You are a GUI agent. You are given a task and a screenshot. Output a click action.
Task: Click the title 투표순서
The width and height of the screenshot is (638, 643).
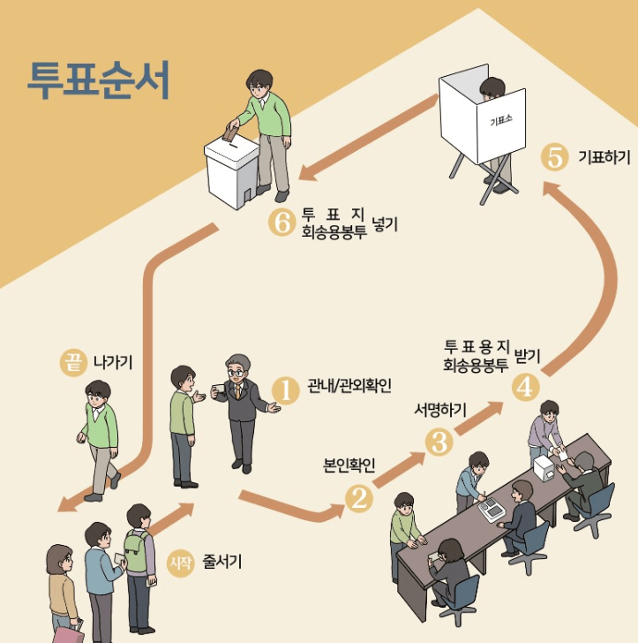tap(98, 80)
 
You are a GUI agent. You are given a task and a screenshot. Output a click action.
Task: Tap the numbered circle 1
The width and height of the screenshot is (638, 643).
tap(285, 388)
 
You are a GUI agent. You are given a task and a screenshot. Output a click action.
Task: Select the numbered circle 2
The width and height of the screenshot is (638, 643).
tap(359, 500)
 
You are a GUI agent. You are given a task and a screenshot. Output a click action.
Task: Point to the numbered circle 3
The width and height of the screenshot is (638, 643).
tap(439, 442)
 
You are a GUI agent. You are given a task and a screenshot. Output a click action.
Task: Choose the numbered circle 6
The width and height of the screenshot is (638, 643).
tap(280, 223)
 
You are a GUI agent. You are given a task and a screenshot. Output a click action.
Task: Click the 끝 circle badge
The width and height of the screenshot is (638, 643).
tap(72, 361)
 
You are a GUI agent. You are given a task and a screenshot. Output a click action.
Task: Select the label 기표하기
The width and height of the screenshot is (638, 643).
tap(604, 158)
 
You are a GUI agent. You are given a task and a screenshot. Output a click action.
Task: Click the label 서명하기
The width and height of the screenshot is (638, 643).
tap(440, 410)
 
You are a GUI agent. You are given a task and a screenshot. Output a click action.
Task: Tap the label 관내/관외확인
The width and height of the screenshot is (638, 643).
tap(349, 386)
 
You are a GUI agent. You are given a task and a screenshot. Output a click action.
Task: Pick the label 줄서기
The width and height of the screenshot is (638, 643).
tap(222, 561)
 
